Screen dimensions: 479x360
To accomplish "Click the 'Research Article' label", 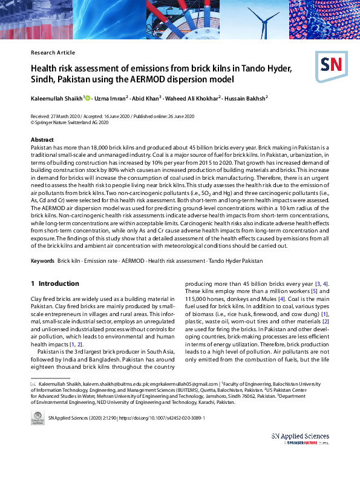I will [x=53, y=53].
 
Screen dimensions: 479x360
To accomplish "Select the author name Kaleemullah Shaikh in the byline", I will [x=56, y=98].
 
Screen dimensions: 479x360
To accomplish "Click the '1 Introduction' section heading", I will [x=54, y=283].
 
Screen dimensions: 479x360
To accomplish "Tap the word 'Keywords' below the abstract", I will [x=42, y=260].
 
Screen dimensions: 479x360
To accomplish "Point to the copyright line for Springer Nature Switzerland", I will [x=70, y=122].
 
